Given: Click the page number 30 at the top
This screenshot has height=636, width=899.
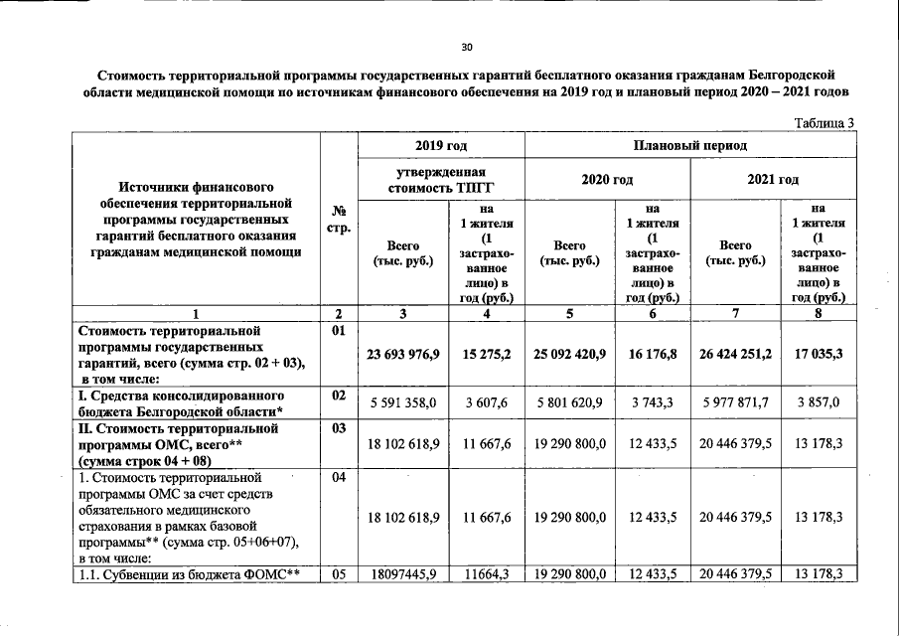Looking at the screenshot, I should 467,47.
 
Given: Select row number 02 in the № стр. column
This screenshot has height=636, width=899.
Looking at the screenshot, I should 339,396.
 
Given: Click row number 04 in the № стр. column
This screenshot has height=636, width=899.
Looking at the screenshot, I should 339,479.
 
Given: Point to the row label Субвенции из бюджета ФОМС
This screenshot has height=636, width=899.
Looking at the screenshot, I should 193,574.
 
